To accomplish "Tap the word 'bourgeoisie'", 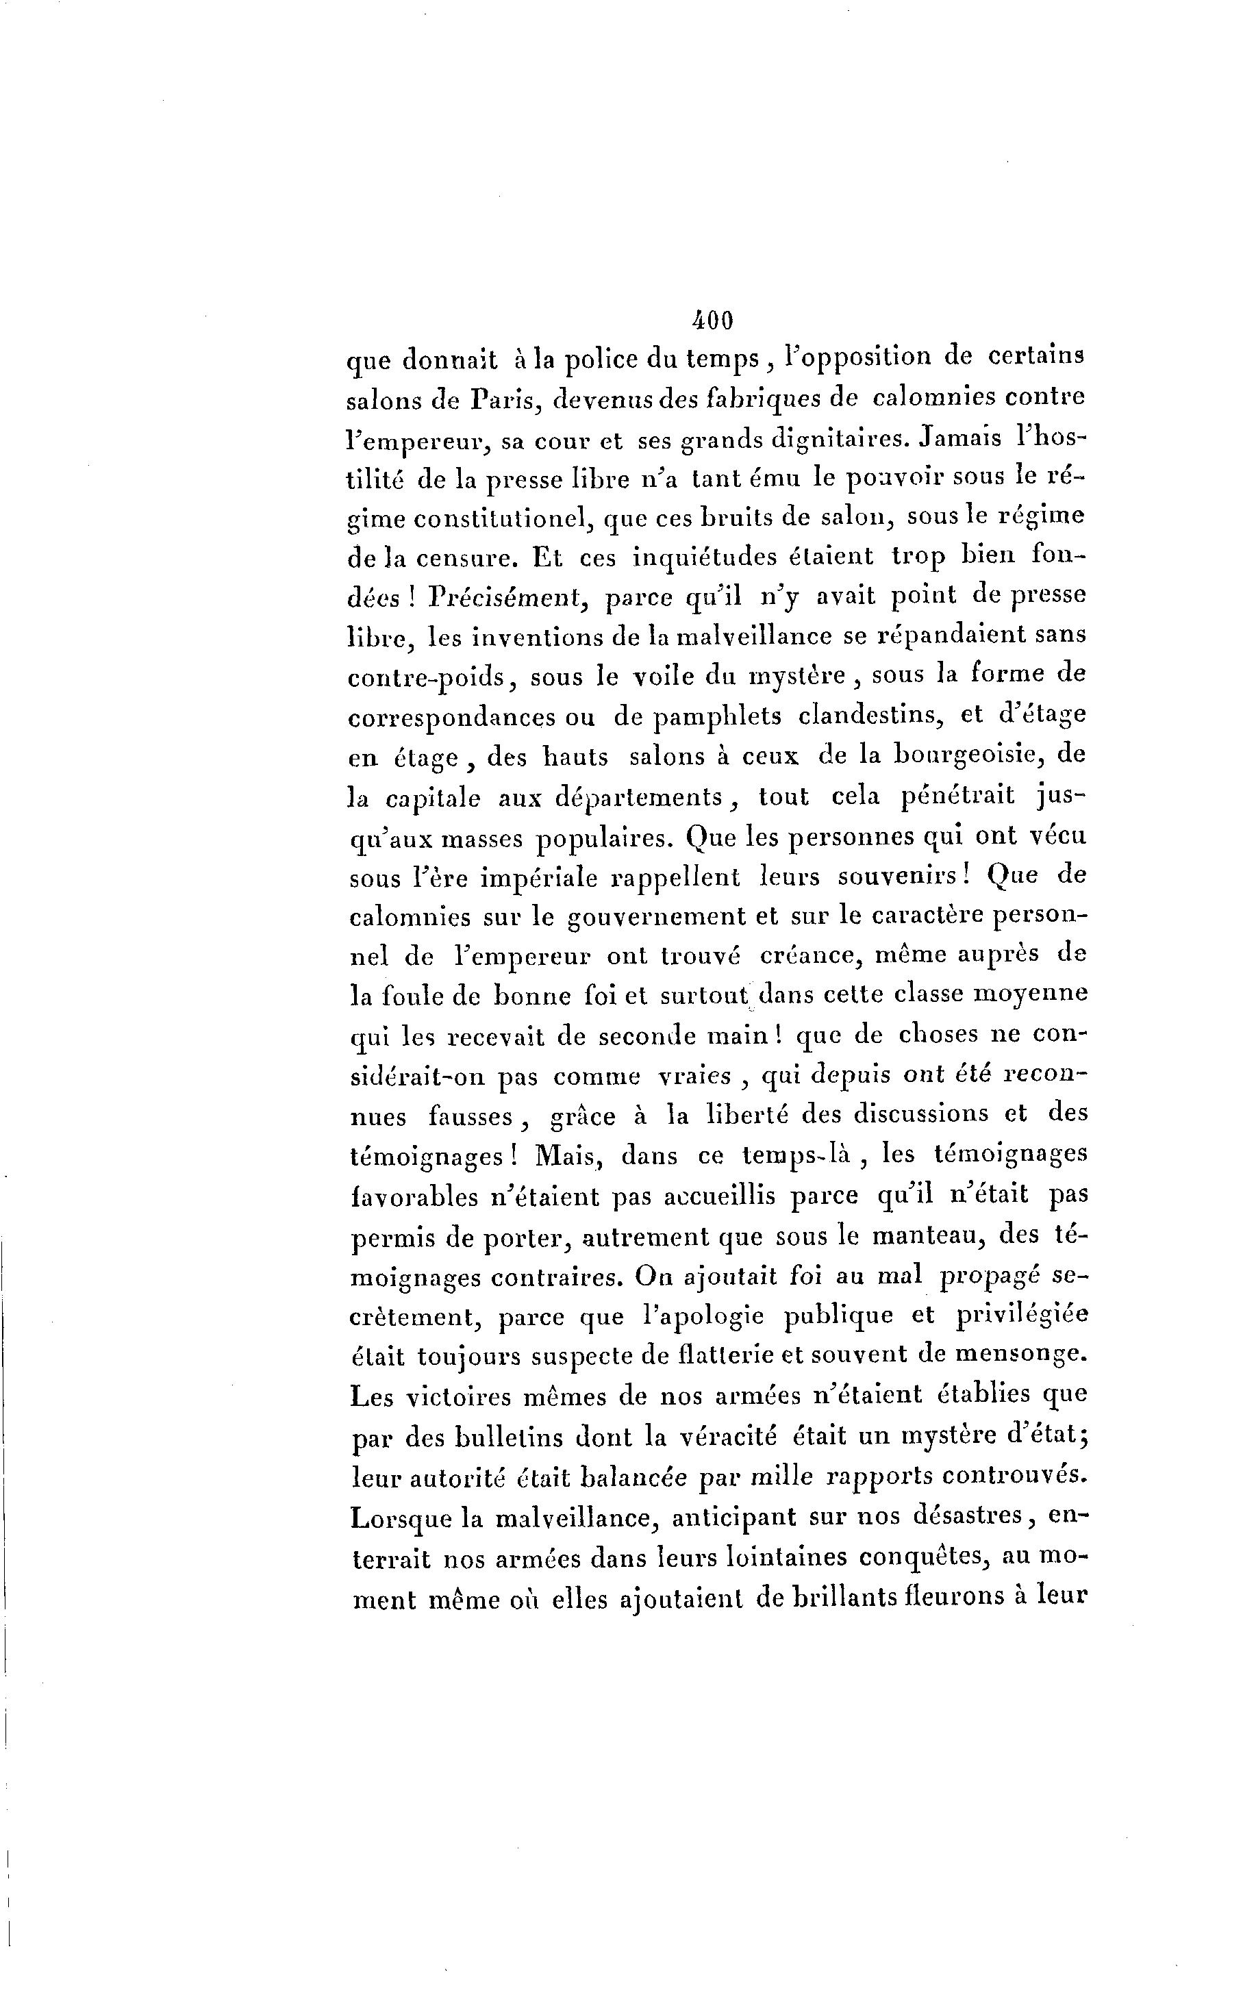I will click(968, 755).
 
